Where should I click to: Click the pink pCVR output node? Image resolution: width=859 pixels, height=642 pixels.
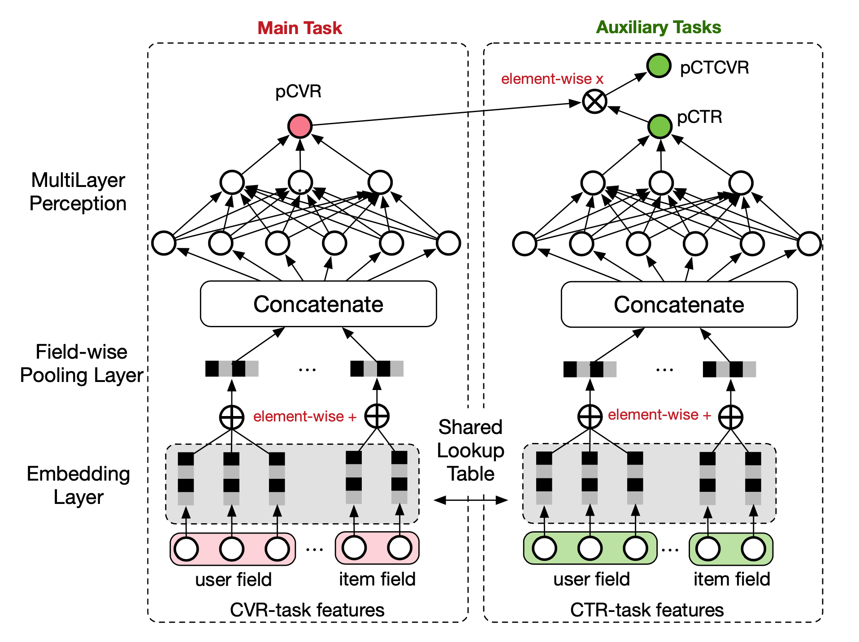pyautogui.click(x=300, y=126)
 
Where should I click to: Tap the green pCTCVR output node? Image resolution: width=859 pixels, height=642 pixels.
pyautogui.click(x=659, y=65)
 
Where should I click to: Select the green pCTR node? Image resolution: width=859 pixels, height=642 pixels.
pyautogui.click(x=659, y=126)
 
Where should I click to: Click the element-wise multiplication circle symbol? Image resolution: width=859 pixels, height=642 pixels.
pyautogui.click(x=594, y=102)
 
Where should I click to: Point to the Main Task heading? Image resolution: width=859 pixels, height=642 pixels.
pyautogui.click(x=299, y=28)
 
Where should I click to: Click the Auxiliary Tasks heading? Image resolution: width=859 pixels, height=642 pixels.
pyautogui.click(x=658, y=27)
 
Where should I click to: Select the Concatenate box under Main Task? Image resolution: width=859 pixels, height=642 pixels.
pyautogui.click(x=318, y=304)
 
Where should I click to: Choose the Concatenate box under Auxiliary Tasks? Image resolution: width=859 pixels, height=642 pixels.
pyautogui.click(x=679, y=304)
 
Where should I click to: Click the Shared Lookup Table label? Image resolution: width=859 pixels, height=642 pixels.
pyautogui.click(x=471, y=450)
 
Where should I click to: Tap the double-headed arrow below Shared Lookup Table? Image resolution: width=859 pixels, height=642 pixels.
pyautogui.click(x=471, y=500)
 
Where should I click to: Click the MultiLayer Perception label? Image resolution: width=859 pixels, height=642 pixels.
pyautogui.click(x=78, y=192)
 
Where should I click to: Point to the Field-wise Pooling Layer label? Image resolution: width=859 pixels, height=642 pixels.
pyautogui.click(x=82, y=364)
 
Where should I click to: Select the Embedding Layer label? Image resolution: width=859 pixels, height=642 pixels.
pyautogui.click(x=78, y=485)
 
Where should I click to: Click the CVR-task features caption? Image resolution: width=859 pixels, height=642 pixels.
pyautogui.click(x=307, y=610)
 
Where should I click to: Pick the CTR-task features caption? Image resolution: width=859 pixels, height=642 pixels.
pyautogui.click(x=646, y=610)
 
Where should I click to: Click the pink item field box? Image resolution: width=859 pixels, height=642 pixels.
pyautogui.click(x=377, y=548)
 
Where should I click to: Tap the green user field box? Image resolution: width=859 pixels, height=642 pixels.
pyautogui.click(x=590, y=548)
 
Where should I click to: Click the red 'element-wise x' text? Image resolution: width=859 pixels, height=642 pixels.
pyautogui.click(x=552, y=79)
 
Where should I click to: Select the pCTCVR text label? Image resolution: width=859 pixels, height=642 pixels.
pyautogui.click(x=714, y=68)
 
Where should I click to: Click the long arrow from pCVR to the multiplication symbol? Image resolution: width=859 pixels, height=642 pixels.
pyautogui.click(x=444, y=114)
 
